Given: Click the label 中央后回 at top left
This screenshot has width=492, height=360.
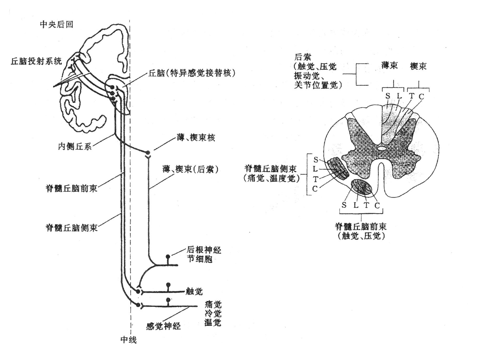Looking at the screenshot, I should click(x=57, y=24).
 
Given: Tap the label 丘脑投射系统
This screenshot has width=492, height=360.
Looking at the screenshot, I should click(x=36, y=61).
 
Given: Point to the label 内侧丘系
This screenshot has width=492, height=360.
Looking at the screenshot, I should click(x=75, y=146).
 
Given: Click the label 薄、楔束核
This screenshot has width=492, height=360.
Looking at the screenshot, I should click(x=196, y=138).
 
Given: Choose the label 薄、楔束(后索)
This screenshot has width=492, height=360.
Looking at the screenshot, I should click(x=190, y=169).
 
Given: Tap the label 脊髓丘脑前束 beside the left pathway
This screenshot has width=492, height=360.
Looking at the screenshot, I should click(x=71, y=188).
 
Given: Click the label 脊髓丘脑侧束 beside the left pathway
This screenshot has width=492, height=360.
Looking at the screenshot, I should click(x=71, y=227).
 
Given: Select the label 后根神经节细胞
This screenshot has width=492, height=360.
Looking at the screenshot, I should click(x=204, y=254).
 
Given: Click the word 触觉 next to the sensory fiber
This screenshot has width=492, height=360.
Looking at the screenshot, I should click(x=194, y=291).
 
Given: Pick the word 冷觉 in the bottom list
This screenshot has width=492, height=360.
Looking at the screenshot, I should click(x=213, y=313).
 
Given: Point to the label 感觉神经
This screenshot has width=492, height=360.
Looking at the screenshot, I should click(x=163, y=326).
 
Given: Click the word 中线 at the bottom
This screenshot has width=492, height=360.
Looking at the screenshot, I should click(x=129, y=340).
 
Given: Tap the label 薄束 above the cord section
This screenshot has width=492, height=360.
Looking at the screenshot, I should click(x=389, y=65).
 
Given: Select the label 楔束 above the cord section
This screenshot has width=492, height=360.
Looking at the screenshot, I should click(x=418, y=66).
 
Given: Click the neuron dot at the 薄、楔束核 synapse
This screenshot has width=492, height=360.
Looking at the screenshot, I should click(x=148, y=153).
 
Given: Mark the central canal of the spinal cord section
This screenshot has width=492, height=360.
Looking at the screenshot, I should click(x=382, y=149).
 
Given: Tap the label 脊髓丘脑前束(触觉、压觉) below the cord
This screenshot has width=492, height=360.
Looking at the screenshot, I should click(x=361, y=231).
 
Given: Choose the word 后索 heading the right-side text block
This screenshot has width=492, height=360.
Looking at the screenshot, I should click(x=303, y=57).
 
